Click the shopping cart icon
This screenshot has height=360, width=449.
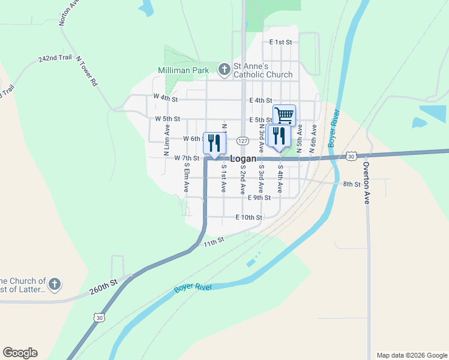coord(284,115)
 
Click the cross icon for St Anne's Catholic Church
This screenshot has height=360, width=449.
coord(224,70)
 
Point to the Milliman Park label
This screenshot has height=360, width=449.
coord(183,70)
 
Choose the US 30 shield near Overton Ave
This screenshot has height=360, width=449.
coord(351,157)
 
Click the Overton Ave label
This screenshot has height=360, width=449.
coord(366,183)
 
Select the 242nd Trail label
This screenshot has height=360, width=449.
coord(55,58)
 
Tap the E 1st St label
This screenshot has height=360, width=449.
coord(280,42)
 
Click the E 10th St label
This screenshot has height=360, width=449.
coord(249,217)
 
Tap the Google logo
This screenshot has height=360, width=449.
coord(20,353)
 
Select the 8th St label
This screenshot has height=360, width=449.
coord(351,184)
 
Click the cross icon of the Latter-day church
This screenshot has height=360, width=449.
coord(54,284)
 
